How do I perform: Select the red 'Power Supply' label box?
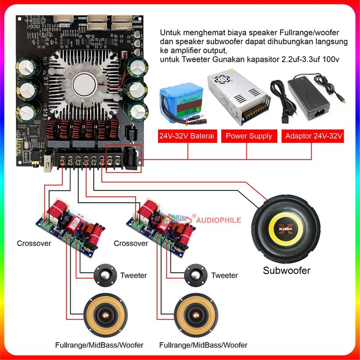click(x=249, y=136)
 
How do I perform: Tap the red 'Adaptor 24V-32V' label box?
click(x=313, y=136)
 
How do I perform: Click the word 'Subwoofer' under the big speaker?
click(x=287, y=271)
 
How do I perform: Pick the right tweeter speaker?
click(x=195, y=275)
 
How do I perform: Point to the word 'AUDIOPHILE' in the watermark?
click(x=219, y=220)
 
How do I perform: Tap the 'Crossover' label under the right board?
click(x=131, y=243)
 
